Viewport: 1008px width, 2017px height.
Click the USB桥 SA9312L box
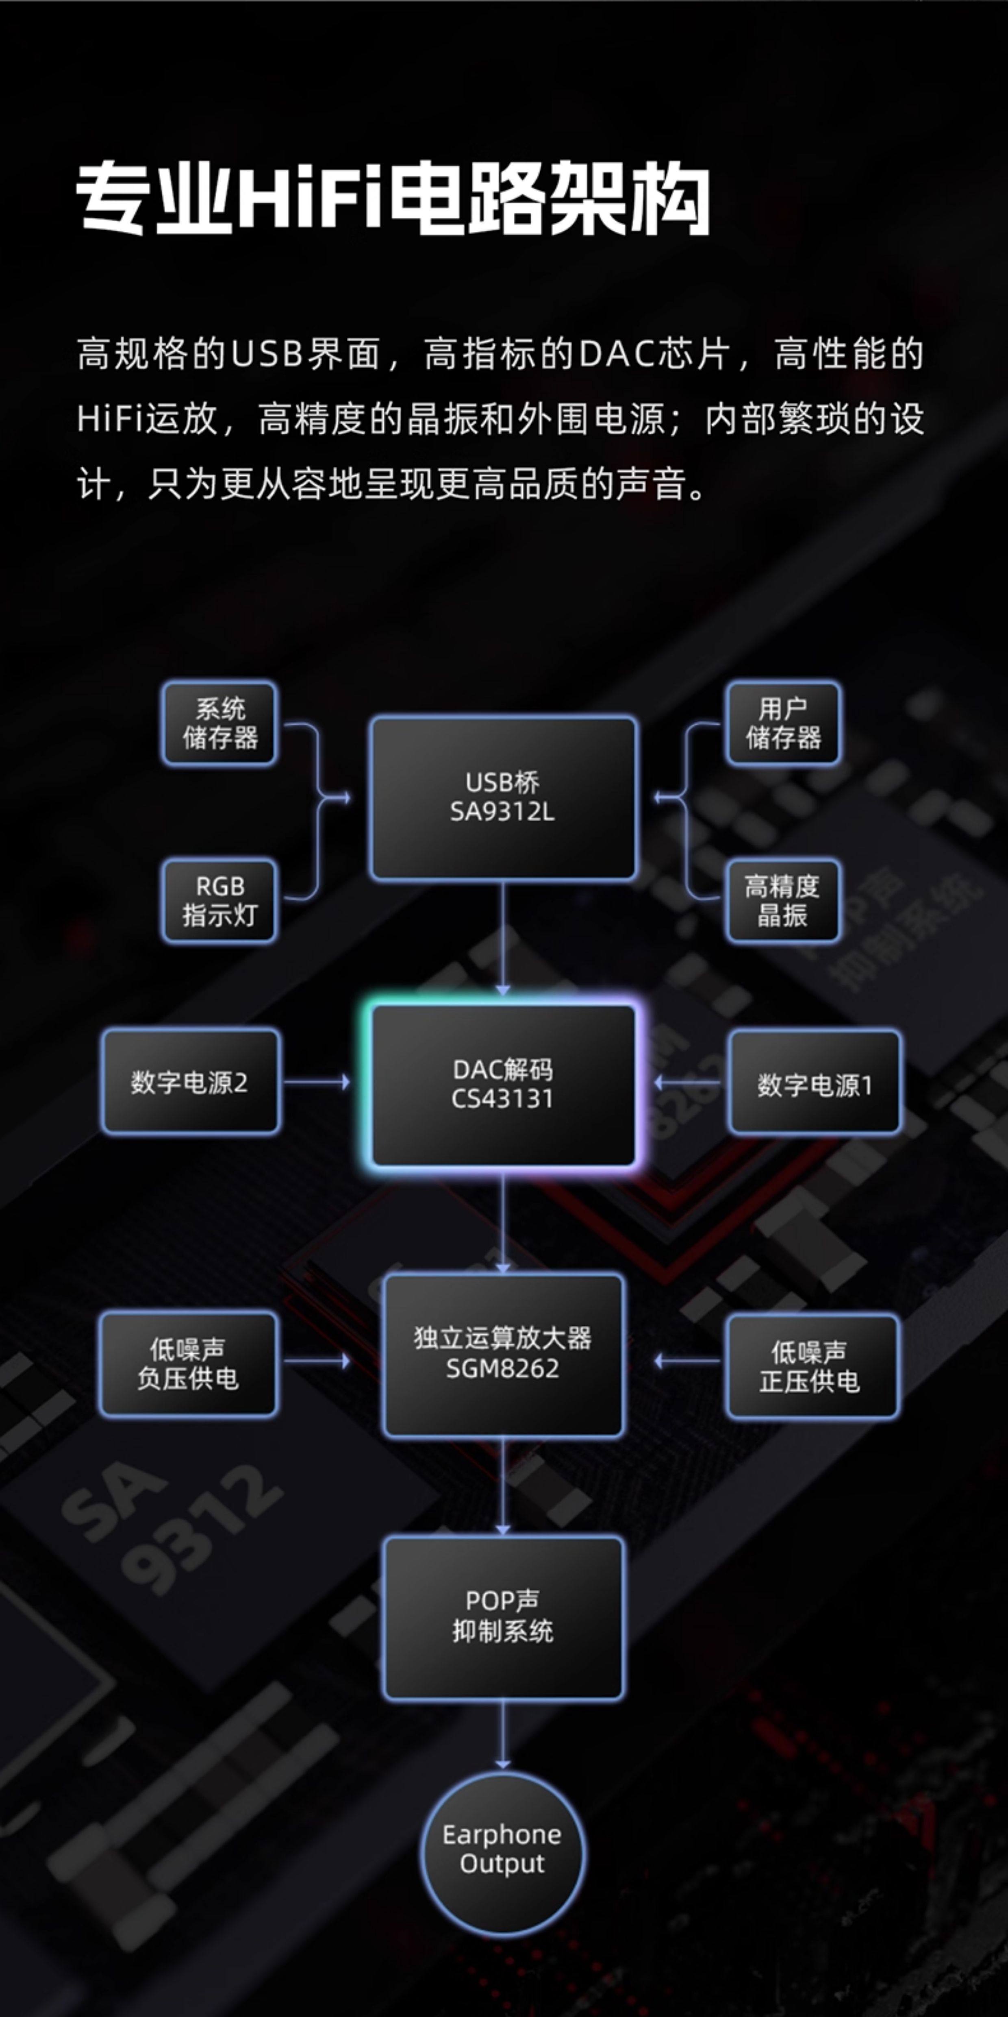tap(502, 797)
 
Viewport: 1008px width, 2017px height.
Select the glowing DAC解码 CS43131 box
tap(502, 1085)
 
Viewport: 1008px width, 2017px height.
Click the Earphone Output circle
tap(502, 1849)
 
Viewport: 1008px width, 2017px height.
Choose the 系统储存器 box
tap(220, 723)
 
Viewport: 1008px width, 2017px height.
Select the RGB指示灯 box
tap(220, 900)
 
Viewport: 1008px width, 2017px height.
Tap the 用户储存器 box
tap(782, 723)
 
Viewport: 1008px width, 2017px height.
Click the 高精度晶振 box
tap(782, 900)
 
